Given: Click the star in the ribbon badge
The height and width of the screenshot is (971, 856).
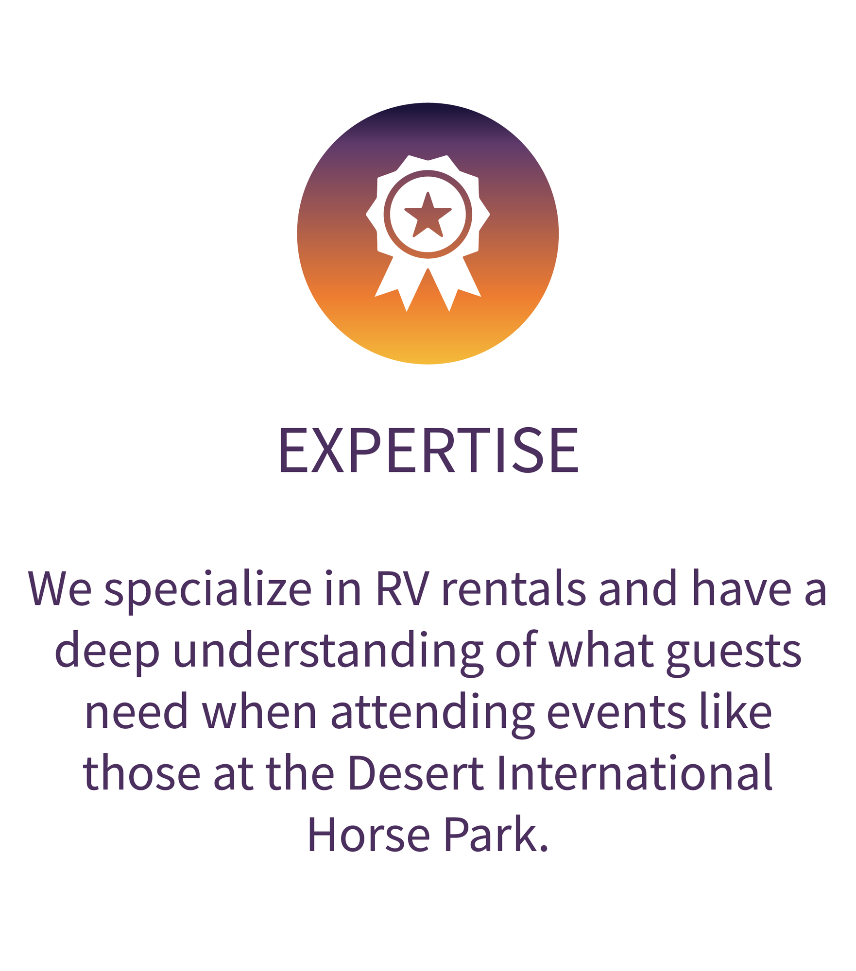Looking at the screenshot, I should pyautogui.click(x=428, y=216).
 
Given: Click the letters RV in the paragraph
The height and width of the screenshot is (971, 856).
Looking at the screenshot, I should pyautogui.click(x=402, y=588).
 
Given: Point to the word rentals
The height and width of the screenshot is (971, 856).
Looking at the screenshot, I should pyautogui.click(x=514, y=588).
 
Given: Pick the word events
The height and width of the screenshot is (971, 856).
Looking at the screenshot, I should pyautogui.click(x=616, y=713).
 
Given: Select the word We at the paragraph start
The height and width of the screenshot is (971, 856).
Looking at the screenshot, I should pyautogui.click(x=60, y=588).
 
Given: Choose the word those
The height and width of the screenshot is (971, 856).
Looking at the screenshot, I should pyautogui.click(x=141, y=773).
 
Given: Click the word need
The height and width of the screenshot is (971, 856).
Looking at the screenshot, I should pyautogui.click(x=136, y=713).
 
